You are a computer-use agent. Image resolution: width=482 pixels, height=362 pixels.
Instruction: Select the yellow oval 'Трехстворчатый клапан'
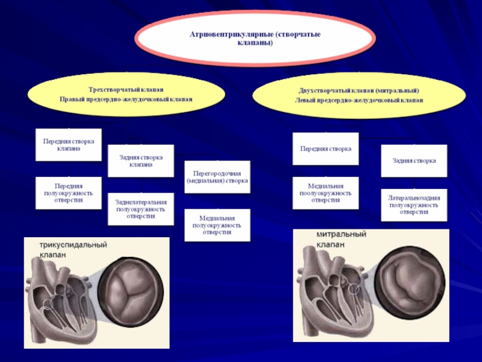126,94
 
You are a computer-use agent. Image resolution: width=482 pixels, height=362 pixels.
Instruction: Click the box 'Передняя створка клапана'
68,144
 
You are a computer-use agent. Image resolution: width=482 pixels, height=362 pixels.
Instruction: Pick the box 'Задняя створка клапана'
140,160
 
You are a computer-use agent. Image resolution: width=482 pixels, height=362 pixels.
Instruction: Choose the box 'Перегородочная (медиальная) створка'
217,177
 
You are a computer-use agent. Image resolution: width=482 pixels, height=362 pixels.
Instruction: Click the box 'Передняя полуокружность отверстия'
68,193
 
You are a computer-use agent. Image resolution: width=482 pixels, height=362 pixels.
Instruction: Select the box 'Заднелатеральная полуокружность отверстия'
140,209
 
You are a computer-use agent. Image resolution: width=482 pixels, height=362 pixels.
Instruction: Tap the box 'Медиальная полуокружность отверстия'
217,224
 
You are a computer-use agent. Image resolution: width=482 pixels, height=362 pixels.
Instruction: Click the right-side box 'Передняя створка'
325,148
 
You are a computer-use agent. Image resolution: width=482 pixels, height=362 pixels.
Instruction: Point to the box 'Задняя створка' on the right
414,160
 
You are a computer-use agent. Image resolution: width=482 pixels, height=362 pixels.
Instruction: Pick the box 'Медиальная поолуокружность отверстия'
325,193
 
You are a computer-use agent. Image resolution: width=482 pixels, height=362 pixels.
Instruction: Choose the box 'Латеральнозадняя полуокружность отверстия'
414,205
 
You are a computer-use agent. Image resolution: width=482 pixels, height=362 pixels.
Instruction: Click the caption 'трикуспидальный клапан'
73,250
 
